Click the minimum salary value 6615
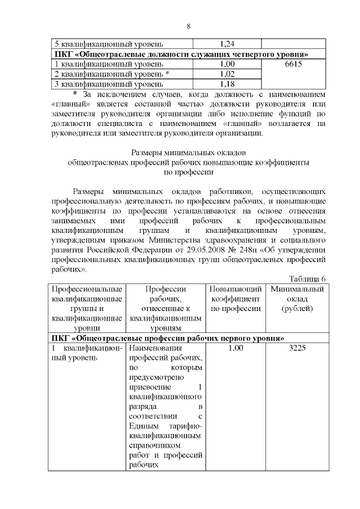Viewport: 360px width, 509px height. click(x=294, y=64)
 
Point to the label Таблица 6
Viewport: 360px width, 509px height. click(x=307, y=279)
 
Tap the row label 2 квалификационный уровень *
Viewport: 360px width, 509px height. click(x=111, y=74)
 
